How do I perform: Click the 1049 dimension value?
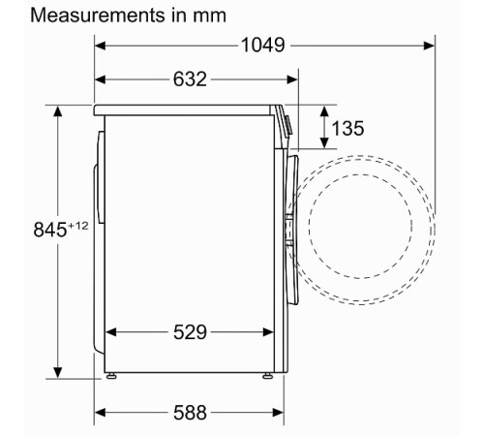(263, 45)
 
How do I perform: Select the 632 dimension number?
(190, 79)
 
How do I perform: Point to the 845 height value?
(26, 230)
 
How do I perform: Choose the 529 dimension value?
(190, 332)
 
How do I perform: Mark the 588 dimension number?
(190, 413)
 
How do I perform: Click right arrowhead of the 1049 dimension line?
(427, 45)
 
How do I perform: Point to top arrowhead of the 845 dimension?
(57, 111)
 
